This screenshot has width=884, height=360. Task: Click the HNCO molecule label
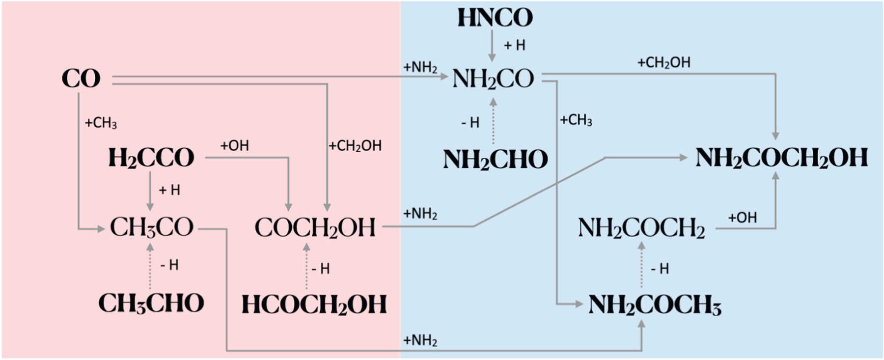pos(495,18)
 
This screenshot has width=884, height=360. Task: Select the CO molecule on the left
pos(81,79)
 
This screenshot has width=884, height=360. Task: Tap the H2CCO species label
pos(151,158)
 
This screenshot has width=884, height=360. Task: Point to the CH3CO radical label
pos(151,227)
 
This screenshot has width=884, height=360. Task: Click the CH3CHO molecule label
pos(151,303)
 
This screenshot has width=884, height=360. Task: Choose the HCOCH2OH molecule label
pos(314,305)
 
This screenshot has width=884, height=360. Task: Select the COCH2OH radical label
pos(315,227)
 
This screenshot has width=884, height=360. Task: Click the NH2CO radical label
pos(493,79)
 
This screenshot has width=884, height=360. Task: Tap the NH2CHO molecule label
pos(495,160)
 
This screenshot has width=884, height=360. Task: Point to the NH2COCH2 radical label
pos(641,228)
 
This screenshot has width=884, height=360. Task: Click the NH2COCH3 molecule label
pos(655,305)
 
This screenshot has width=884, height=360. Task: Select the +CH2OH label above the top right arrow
pos(663,62)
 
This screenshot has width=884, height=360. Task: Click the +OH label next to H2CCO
pos(234,146)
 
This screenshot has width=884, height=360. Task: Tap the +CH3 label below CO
pos(101,123)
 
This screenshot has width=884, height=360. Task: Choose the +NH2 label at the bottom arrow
pos(420,340)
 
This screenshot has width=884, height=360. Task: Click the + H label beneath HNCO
pos(514,45)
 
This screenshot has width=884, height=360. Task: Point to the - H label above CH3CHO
pos(169,265)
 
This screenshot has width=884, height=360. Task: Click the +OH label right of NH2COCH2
pos(742,218)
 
